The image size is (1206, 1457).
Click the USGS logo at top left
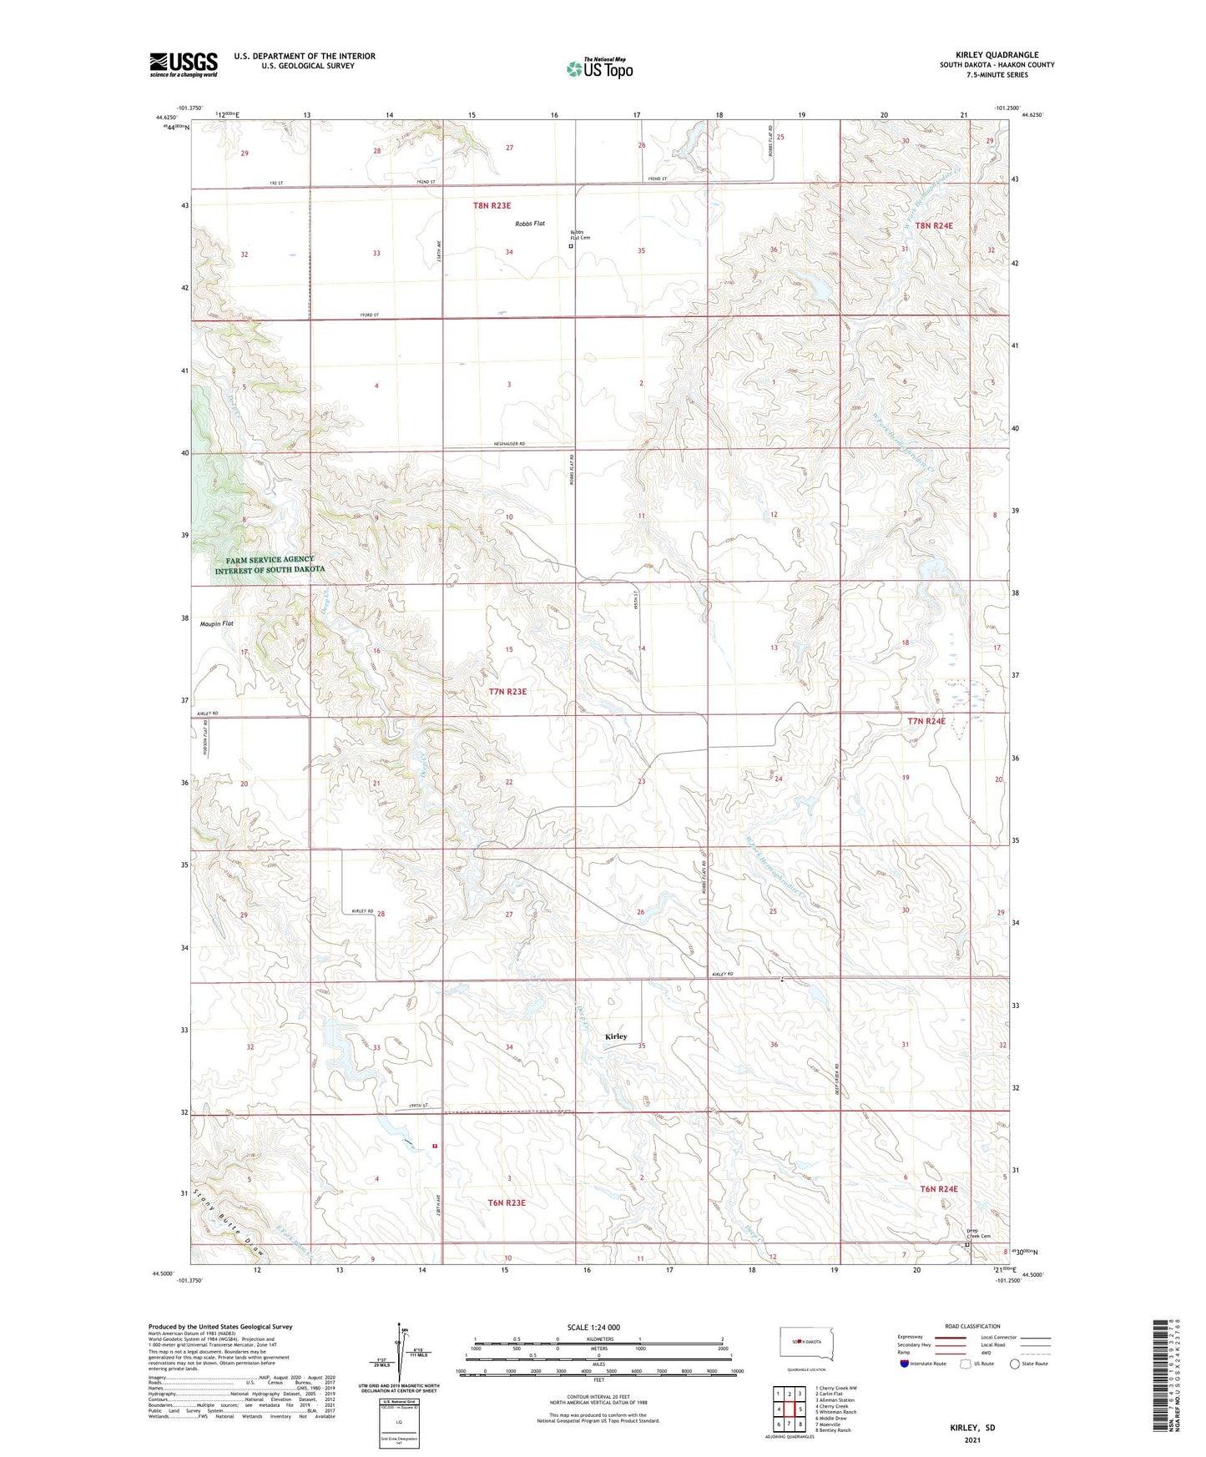tap(184, 64)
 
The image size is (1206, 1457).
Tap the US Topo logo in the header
tap(599, 68)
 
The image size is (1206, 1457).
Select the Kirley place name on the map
tap(616, 1036)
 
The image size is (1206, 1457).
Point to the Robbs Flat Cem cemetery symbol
tap(571, 246)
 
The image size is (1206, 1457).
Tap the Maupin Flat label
tap(217, 623)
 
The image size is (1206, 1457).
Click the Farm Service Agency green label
tap(270, 565)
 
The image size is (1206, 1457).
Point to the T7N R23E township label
tap(507, 692)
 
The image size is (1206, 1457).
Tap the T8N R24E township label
tap(934, 225)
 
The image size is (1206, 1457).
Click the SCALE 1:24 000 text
tap(593, 1328)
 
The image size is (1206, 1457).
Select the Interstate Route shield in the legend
tap(906, 1364)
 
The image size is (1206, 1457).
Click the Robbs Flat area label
tap(530, 224)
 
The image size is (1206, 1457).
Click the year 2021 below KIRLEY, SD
tap(971, 1439)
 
